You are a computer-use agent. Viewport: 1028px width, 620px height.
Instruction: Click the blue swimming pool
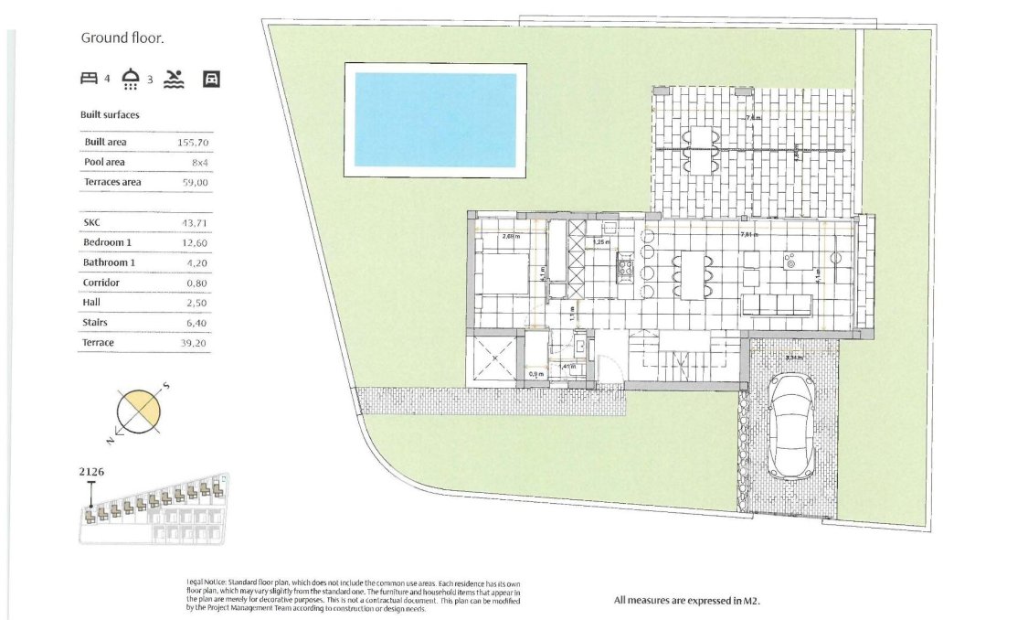click(x=435, y=119)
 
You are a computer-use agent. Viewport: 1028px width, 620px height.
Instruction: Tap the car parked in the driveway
click(x=791, y=425)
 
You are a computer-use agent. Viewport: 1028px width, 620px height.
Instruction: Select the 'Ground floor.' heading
click(x=122, y=38)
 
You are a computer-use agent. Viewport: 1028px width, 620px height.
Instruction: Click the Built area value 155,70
click(x=193, y=143)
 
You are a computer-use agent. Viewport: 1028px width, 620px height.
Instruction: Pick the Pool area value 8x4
click(x=200, y=163)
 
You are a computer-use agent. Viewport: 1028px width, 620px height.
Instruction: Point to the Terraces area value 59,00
click(x=196, y=183)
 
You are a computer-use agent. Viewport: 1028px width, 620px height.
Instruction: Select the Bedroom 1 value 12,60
click(x=195, y=242)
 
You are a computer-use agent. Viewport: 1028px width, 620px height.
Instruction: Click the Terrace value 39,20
click(x=195, y=343)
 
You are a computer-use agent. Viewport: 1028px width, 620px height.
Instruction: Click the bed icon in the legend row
click(x=89, y=80)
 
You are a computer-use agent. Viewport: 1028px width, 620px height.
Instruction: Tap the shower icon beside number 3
click(x=132, y=80)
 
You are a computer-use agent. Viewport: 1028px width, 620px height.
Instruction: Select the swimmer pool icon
click(x=173, y=80)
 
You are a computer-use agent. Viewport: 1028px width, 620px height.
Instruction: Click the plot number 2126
click(x=92, y=473)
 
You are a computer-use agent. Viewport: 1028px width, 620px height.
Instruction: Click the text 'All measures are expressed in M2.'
click(x=687, y=601)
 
